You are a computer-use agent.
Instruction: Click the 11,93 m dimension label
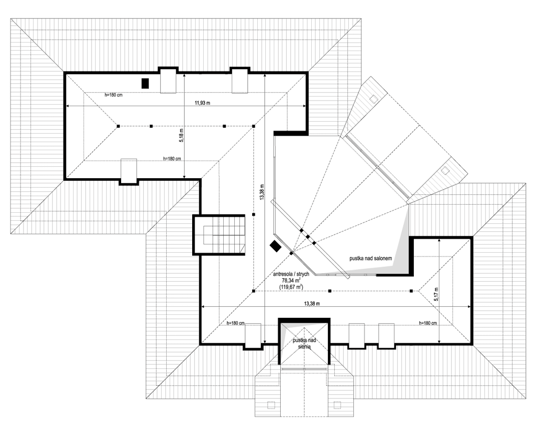[202, 103]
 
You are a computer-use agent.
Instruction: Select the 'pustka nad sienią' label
[303, 342]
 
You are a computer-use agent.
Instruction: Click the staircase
[221, 235]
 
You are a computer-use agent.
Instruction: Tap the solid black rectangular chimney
[145, 84]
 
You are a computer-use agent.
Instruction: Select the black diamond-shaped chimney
[275, 246]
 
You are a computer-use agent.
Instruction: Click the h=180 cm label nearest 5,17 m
[428, 323]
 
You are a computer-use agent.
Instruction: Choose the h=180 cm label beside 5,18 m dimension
[172, 159]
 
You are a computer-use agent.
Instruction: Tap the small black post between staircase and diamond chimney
[254, 215]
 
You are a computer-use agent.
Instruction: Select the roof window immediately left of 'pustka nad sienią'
[253, 335]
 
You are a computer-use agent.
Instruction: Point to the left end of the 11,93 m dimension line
[66, 106]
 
